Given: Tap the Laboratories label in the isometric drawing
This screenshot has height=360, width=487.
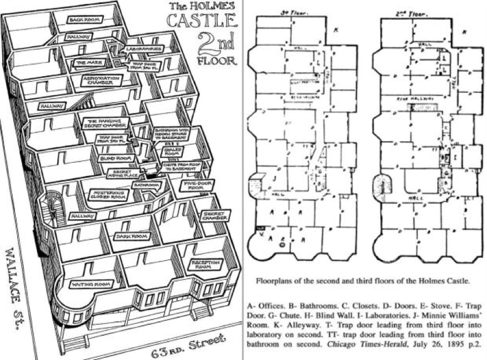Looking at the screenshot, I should click(143, 50).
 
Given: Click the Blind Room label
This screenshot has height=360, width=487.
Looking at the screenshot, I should click(113, 157).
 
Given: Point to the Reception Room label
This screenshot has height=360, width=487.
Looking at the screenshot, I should click(206, 265).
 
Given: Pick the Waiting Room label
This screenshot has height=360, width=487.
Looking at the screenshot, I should click(90, 284).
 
